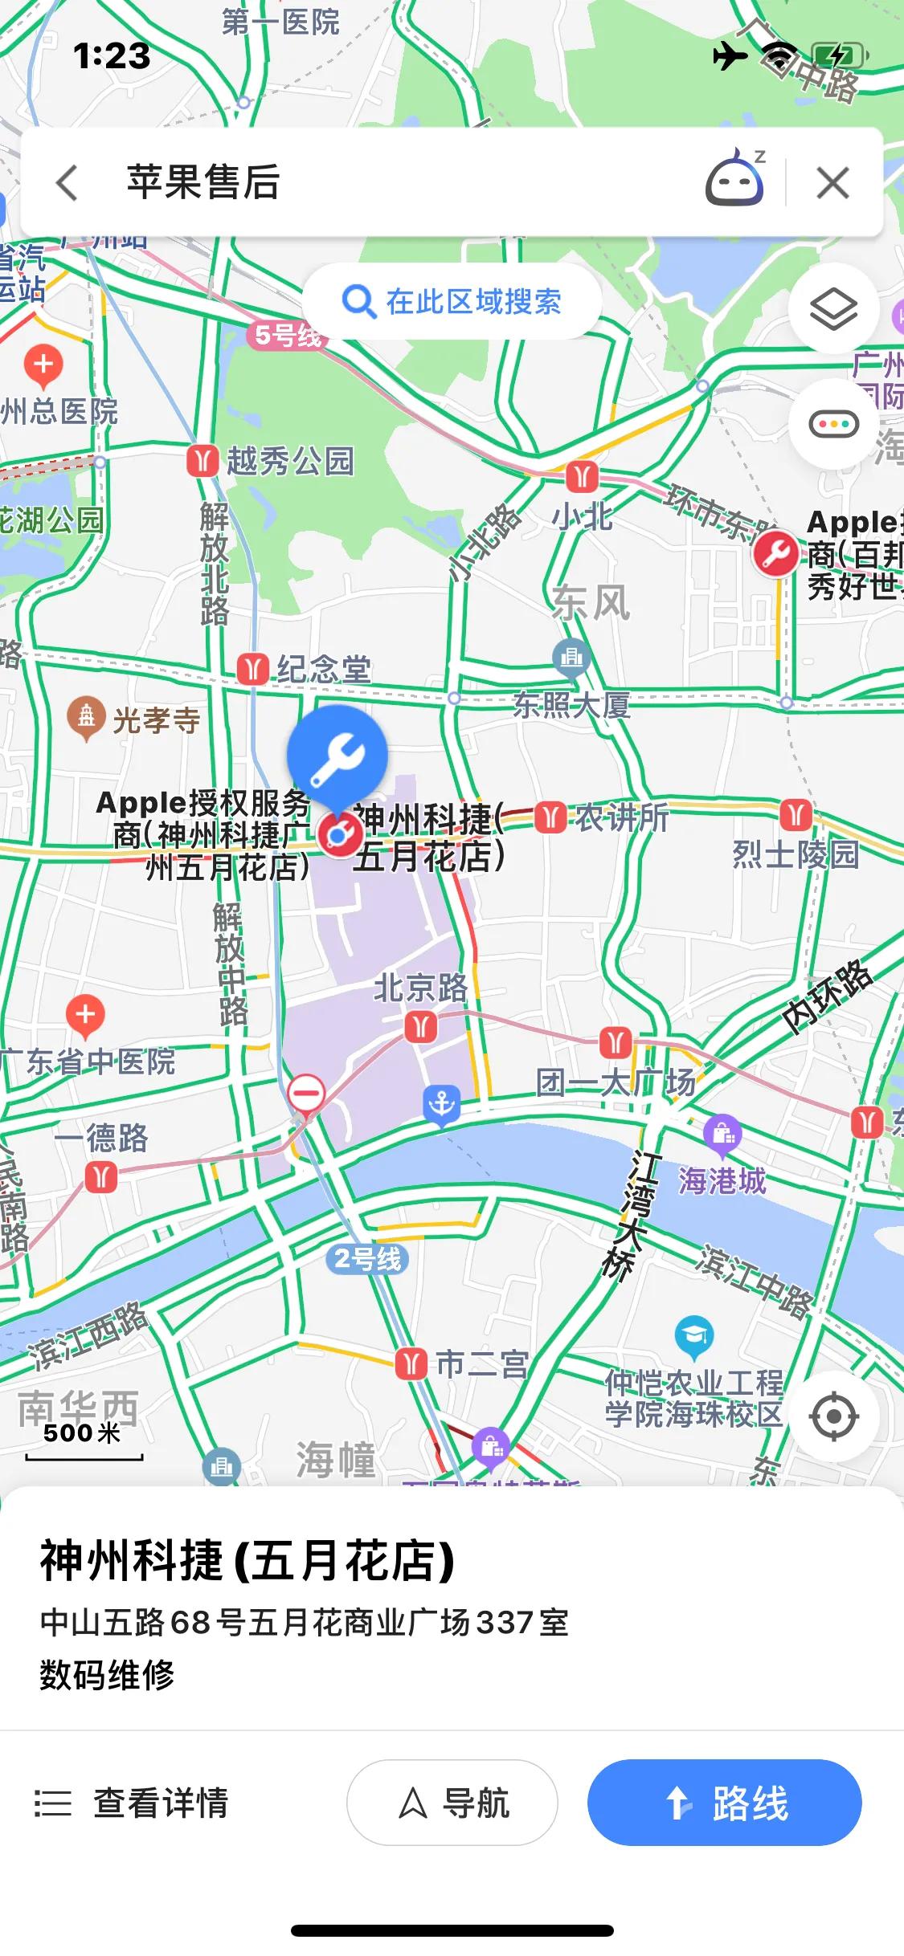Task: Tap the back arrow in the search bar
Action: pyautogui.click(x=67, y=182)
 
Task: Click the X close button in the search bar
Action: pyautogui.click(x=832, y=183)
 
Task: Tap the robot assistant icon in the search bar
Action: pyautogui.click(x=734, y=180)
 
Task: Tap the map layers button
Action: pyautogui.click(x=833, y=308)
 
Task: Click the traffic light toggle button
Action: pyautogui.click(x=833, y=424)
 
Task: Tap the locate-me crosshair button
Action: pyautogui.click(x=833, y=1416)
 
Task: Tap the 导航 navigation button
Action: pyautogui.click(x=452, y=1803)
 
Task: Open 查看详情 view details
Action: pyautogui.click(x=133, y=1803)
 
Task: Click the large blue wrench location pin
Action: pyautogui.click(x=337, y=755)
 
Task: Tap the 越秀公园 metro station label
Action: pyautogui.click(x=289, y=461)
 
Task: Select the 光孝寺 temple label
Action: pyautogui.click(x=156, y=720)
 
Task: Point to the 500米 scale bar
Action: pyautogui.click(x=84, y=1443)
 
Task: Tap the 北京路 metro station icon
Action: pyautogui.click(x=420, y=1026)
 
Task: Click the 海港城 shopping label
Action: pyautogui.click(x=722, y=1180)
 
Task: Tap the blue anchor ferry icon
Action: pyautogui.click(x=441, y=1105)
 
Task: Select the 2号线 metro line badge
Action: pyautogui.click(x=367, y=1258)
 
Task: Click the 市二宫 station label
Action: pyautogui.click(x=481, y=1363)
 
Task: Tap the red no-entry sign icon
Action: pyautogui.click(x=306, y=1094)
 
